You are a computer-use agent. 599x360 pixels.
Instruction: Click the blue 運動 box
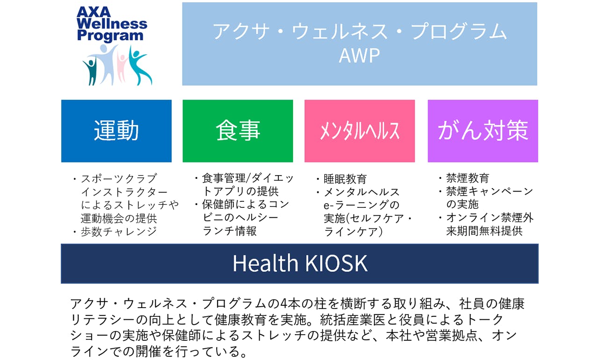point(117,131)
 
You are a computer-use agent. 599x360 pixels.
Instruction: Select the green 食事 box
point(238,131)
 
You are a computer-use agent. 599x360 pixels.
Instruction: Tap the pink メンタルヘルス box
point(360,131)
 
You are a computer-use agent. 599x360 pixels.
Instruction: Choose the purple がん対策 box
point(483,131)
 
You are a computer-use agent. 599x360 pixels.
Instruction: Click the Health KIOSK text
point(300,264)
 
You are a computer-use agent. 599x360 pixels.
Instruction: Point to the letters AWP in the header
point(359,56)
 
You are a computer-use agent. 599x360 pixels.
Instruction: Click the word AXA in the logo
point(93,12)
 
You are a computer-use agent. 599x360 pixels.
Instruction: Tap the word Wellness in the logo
point(112,23)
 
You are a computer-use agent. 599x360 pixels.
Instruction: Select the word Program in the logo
point(110,36)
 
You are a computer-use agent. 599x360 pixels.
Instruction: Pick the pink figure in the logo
point(123,67)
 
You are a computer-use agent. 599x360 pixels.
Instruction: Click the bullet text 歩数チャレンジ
point(119,232)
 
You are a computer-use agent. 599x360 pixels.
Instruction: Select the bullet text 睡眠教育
point(345,179)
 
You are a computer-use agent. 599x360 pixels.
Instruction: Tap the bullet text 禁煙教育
point(468,178)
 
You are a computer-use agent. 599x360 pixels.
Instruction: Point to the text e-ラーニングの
point(362,205)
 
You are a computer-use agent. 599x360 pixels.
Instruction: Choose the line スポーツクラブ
point(119,179)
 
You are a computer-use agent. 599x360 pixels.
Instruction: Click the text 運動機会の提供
point(119,219)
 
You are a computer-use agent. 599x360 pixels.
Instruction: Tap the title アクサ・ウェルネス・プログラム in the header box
point(360,31)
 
